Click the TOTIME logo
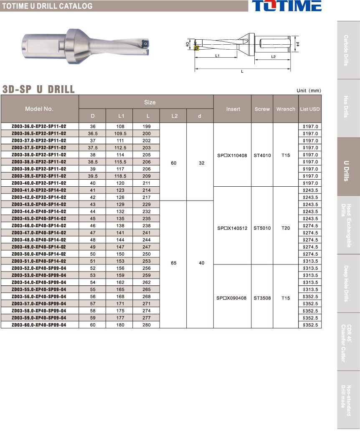[286, 6]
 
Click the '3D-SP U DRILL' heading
[38, 89]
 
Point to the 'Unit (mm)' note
[309, 91]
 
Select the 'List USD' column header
[310, 109]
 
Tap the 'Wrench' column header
[286, 109]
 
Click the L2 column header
[174, 116]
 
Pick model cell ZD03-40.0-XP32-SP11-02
[39, 183]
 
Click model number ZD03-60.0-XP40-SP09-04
[39, 325]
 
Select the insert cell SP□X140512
[232, 228]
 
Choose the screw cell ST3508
[262, 298]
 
